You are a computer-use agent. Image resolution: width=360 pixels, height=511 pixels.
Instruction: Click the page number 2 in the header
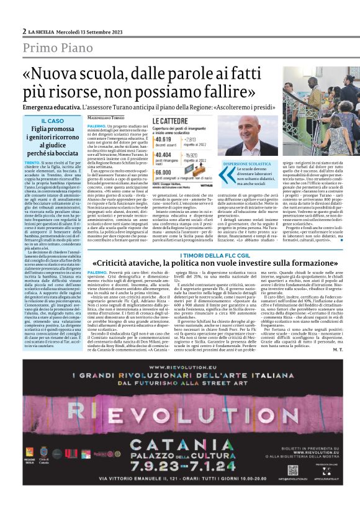coord(24,31)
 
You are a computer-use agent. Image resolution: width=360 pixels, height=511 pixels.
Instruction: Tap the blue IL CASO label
coord(52,120)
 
